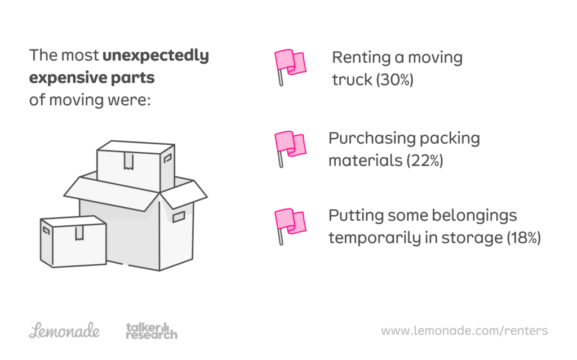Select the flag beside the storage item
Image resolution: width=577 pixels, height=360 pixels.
289,224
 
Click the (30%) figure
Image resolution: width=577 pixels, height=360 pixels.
394,80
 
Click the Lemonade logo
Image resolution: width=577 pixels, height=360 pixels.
65,331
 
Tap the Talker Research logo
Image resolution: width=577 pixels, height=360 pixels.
151,331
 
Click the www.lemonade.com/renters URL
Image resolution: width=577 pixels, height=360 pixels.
464,331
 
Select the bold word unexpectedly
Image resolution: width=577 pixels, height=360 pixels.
156,56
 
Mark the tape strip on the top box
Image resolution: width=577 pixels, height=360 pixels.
129,161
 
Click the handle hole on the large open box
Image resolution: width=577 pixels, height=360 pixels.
179,216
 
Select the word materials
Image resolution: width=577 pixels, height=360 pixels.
365,161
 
